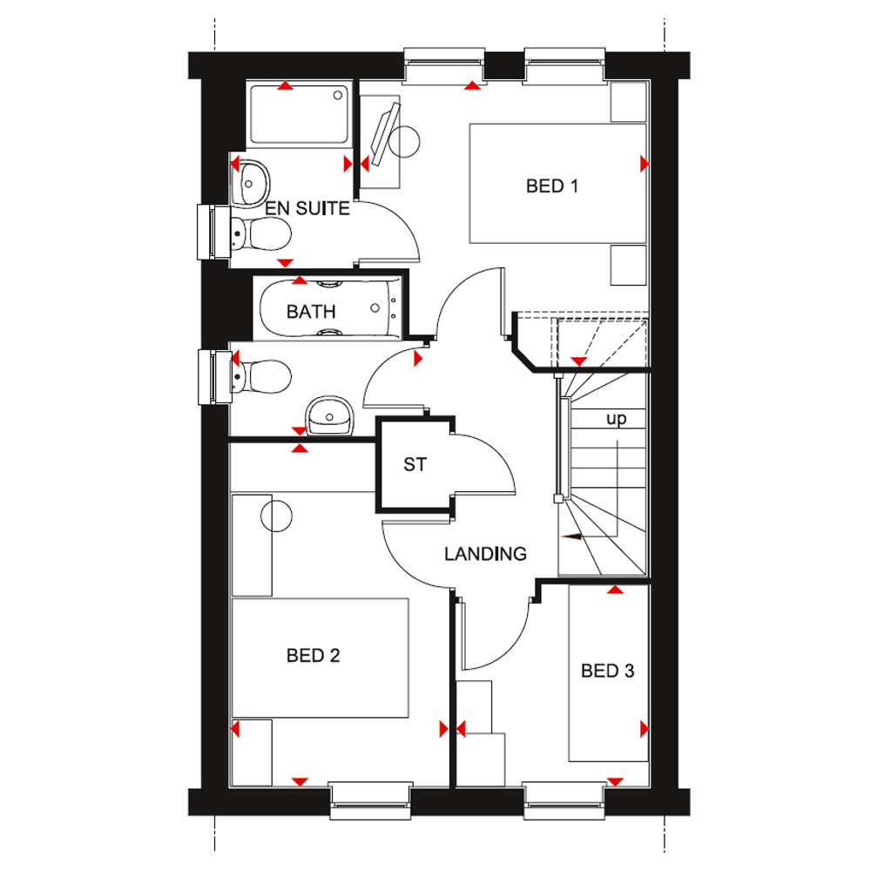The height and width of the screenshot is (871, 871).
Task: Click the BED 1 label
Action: (x=552, y=186)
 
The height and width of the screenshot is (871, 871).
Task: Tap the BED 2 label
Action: (x=313, y=656)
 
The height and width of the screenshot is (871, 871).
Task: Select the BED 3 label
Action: (x=607, y=671)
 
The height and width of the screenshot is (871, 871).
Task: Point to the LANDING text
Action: (x=485, y=554)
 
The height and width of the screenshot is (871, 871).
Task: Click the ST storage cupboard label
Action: (x=415, y=464)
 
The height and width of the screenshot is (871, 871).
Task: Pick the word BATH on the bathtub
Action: (x=311, y=312)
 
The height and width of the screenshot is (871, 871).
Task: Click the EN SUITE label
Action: (x=307, y=208)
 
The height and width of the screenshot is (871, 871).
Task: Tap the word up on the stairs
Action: (x=616, y=418)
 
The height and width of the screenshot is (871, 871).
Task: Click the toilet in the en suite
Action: (x=260, y=233)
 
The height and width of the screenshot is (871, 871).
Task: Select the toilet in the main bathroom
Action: (x=260, y=376)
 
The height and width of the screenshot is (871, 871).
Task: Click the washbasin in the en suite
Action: (x=251, y=182)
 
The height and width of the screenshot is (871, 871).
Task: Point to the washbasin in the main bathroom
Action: (x=329, y=415)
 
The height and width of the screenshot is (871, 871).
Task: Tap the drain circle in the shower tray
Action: (x=338, y=96)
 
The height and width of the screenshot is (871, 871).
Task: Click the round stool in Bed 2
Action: (x=276, y=516)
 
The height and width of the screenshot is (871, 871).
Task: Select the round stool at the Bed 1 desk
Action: (x=404, y=142)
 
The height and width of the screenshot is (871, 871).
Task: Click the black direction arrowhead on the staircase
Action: (x=571, y=537)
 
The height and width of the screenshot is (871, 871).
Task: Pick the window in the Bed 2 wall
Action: (x=370, y=800)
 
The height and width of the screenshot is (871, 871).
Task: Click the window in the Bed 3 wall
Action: (x=564, y=800)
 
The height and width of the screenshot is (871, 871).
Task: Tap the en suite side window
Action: (x=214, y=233)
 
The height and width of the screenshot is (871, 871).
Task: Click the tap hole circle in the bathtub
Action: (x=375, y=307)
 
